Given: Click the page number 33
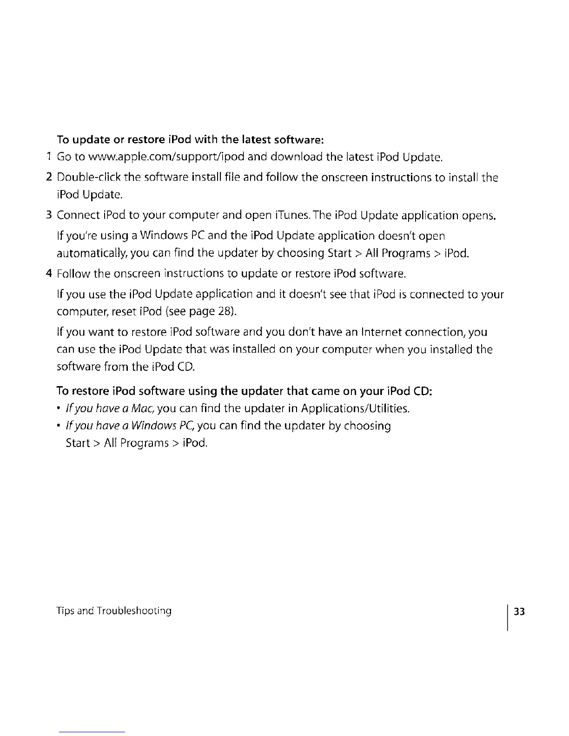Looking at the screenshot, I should pyautogui.click(x=519, y=611).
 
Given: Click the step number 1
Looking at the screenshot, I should pyautogui.click(x=49, y=157).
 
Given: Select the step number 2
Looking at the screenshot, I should pyautogui.click(x=49, y=177).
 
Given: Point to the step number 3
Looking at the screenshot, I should pyautogui.click(x=49, y=216).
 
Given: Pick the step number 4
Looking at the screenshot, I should pyautogui.click(x=49, y=274).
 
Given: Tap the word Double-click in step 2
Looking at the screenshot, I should pyautogui.click(x=87, y=177).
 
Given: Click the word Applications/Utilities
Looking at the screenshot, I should pyautogui.click(x=355, y=409).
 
